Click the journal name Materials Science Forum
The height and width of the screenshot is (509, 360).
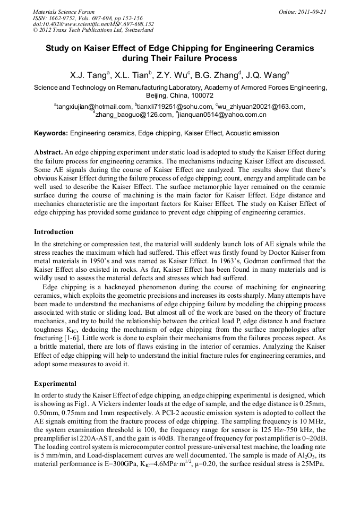[x=64, y=11]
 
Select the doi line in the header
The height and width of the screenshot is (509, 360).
[x=93, y=24]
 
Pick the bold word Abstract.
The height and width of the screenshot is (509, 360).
[x=48, y=152]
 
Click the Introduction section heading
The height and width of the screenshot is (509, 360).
[x=54, y=232]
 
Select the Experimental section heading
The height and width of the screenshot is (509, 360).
[x=55, y=383]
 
